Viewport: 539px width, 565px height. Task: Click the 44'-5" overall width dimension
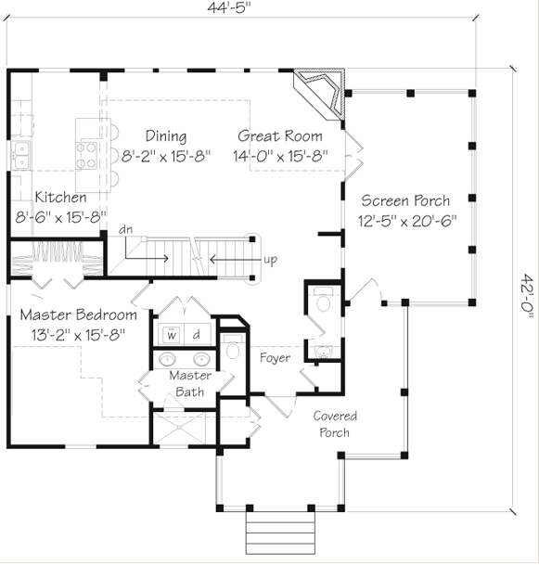[229, 7]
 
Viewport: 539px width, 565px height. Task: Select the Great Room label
[280, 136]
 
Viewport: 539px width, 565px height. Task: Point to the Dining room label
[166, 136]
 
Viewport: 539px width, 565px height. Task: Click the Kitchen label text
[61, 197]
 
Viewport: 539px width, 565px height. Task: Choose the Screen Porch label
[405, 200]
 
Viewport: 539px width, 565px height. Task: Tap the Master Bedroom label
[79, 315]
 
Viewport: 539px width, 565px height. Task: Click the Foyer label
[275, 358]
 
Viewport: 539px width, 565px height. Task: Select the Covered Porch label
[335, 424]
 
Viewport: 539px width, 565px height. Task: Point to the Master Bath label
[190, 383]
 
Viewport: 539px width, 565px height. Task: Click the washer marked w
[172, 334]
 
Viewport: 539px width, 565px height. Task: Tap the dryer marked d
[197, 334]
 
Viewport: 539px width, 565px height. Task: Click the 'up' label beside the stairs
[270, 260]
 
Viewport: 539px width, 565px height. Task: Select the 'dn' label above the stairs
[126, 229]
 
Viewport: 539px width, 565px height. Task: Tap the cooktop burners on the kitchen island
[86, 155]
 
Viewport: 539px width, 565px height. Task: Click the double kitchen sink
[21, 155]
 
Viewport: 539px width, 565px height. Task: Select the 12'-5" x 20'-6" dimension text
[407, 221]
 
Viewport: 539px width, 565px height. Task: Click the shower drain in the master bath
[179, 428]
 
